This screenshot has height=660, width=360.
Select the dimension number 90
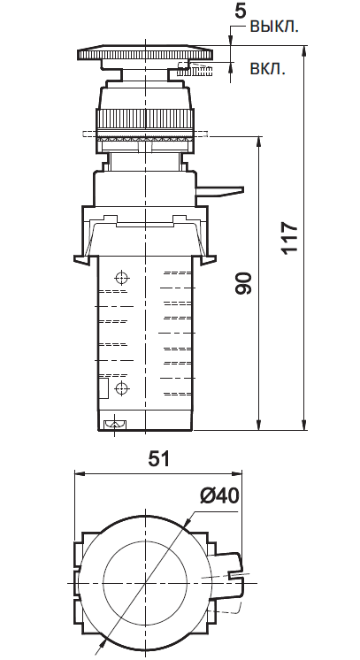[245, 283]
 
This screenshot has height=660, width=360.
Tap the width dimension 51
[157, 457]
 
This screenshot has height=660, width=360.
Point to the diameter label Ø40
[219, 496]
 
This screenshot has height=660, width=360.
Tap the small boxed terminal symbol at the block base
[113, 426]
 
